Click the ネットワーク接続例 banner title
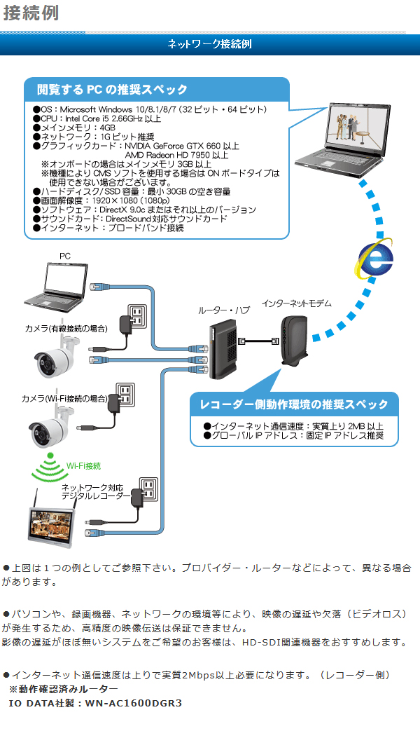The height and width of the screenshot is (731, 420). (x=209, y=44)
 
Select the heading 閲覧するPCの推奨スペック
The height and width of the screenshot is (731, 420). (x=112, y=89)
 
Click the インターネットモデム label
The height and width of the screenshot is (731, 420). (x=296, y=303)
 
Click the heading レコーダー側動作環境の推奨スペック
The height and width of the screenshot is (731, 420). (x=293, y=404)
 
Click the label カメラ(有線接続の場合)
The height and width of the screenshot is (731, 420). (x=66, y=328)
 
